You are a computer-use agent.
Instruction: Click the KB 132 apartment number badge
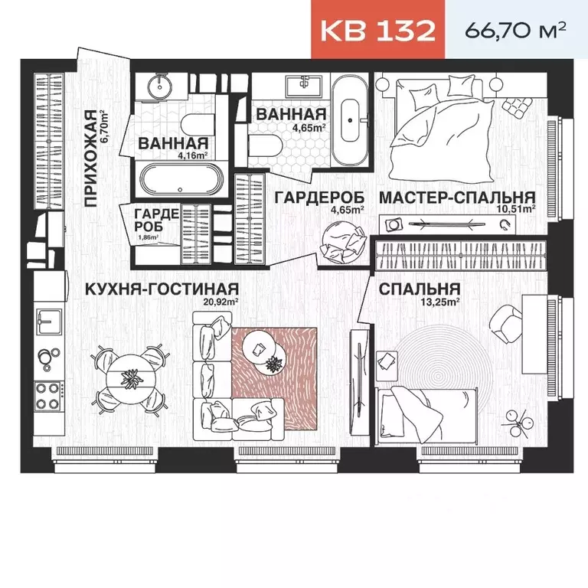tap(377, 31)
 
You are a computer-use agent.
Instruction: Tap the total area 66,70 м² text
tap(515, 31)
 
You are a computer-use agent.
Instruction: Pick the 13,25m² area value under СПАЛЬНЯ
tap(443, 302)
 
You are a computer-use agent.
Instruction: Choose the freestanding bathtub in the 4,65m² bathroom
tap(352, 120)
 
